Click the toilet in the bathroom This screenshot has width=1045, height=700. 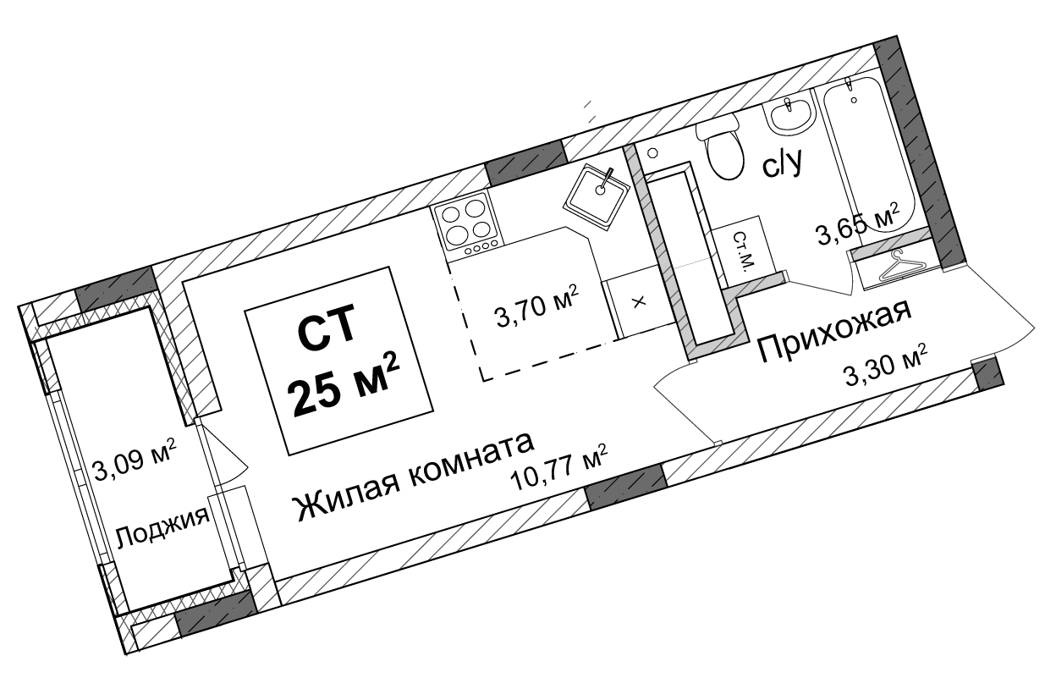click(x=722, y=148)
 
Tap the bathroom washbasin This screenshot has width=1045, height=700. click(x=790, y=115)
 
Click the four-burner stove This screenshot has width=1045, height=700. click(x=466, y=223)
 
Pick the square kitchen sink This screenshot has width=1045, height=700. click(x=597, y=196)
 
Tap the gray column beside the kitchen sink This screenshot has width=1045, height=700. click(x=526, y=163)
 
